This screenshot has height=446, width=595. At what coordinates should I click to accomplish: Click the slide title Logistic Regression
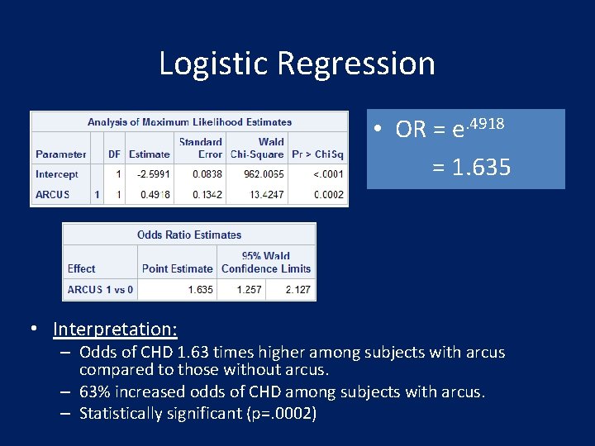pos(297,64)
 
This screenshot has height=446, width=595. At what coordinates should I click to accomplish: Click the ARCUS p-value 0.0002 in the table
pos(328,195)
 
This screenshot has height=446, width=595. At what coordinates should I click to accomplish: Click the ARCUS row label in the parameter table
pos(52,195)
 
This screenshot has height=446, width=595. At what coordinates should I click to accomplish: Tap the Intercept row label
pos(56,174)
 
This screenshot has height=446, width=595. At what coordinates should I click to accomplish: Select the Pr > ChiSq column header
pos(317,154)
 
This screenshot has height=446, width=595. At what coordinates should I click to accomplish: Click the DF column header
pos(115,154)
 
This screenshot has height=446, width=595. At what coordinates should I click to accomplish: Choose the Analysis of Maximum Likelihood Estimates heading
pos(189,122)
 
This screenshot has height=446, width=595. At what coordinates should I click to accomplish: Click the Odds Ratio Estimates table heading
pos(189,235)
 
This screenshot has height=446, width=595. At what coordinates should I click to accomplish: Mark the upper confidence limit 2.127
pos(297,290)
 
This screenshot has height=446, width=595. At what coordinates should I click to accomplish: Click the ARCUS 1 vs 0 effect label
pos(100,290)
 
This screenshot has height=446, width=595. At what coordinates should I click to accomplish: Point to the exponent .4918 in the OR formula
pos(485,123)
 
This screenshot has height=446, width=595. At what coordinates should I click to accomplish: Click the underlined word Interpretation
pos(115,330)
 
